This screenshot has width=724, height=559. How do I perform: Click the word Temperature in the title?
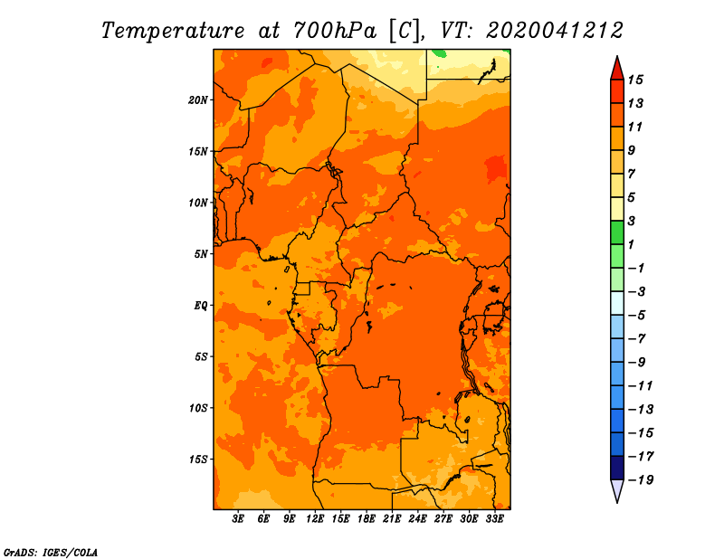pos(173,31)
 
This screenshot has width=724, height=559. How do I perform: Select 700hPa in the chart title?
pos(334,31)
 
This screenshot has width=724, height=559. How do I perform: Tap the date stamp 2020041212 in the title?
pos(555,31)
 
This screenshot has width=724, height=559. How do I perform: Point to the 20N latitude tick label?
pos(198,100)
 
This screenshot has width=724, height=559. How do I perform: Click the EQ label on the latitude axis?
pos(200,306)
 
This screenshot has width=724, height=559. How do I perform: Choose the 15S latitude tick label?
pos(198,460)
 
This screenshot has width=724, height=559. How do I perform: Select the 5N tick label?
pos(200,254)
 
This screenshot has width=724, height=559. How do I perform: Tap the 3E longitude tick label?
pos(238,519)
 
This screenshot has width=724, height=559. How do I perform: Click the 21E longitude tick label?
pos(392,519)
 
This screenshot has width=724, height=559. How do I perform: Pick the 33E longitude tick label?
pos(494,519)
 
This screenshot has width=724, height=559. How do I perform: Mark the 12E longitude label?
pos(314,519)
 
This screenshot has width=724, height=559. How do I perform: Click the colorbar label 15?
pos(635,81)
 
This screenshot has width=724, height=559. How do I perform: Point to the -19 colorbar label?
pos(641,480)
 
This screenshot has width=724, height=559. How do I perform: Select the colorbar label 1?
pos(631,244)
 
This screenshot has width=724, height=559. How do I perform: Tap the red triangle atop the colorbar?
pos(617,69)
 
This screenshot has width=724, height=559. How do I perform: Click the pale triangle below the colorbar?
pos(617,490)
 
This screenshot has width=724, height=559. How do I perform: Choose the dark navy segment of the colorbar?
pos(617,468)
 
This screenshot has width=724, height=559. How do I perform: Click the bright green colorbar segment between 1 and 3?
pos(617,232)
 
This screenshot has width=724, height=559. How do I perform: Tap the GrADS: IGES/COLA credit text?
pos(51,553)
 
